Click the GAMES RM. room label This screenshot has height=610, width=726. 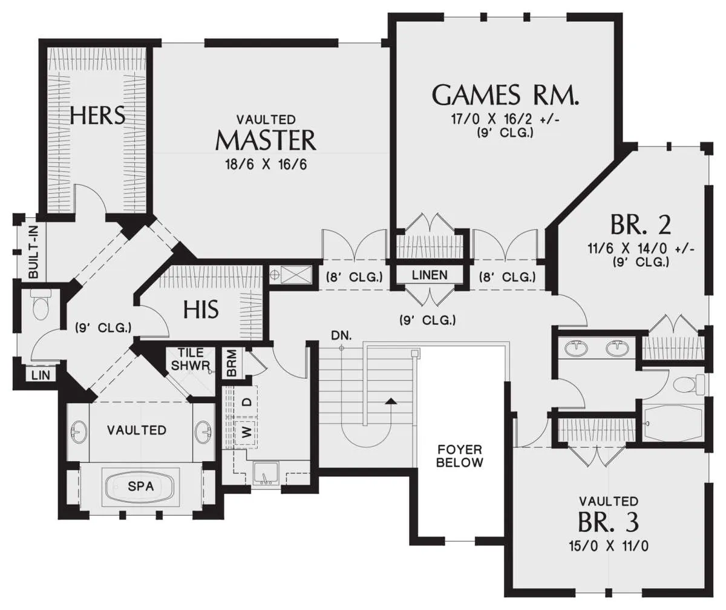(506, 95)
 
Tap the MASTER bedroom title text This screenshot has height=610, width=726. (266, 140)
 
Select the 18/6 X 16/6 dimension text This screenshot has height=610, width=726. (266, 164)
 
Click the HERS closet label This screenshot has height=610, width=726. (97, 115)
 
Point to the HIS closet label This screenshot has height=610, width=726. (201, 309)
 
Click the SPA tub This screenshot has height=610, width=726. (141, 486)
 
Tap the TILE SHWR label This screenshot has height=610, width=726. (191, 359)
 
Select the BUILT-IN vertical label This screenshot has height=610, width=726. (33, 251)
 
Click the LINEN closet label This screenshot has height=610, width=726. (430, 275)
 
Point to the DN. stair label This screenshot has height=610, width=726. (341, 336)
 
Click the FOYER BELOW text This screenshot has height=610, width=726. (460, 456)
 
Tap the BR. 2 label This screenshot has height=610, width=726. (641, 225)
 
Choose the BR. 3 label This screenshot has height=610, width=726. (609, 522)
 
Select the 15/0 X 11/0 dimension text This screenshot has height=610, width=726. (609, 546)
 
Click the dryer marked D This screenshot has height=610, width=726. (246, 402)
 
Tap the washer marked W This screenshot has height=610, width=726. (246, 433)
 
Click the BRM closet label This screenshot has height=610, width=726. (231, 363)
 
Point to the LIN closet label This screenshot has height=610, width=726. (41, 375)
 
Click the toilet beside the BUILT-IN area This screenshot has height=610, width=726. (41, 304)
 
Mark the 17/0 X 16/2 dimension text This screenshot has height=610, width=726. (505, 119)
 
